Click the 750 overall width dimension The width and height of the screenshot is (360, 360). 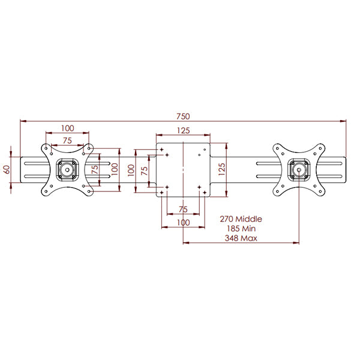point(183,116)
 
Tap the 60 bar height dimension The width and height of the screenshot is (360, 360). point(7,169)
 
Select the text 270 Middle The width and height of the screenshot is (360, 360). point(241,219)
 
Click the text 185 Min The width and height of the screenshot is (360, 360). point(241,229)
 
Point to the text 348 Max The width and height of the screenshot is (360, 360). point(241,238)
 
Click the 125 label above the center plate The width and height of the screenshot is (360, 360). point(184,130)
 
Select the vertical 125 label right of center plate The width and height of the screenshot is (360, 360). point(221,169)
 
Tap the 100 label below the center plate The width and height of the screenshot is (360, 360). point(183,222)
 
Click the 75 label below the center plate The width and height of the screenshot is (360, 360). point(183,209)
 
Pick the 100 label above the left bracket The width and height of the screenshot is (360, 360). point(67,128)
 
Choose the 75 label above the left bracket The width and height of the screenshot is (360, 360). point(67,140)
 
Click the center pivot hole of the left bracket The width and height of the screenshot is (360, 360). point(67,170)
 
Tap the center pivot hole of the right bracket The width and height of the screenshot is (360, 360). point(299,170)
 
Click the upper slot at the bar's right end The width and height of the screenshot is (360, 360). point(299,163)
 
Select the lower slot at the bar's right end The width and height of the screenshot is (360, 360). point(299,176)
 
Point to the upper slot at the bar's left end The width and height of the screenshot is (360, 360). point(67,163)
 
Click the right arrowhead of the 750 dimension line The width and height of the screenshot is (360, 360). point(343,121)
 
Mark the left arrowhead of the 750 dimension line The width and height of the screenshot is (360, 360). point(23,121)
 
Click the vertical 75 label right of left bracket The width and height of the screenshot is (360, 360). point(95,169)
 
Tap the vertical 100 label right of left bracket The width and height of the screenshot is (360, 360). point(115,169)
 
